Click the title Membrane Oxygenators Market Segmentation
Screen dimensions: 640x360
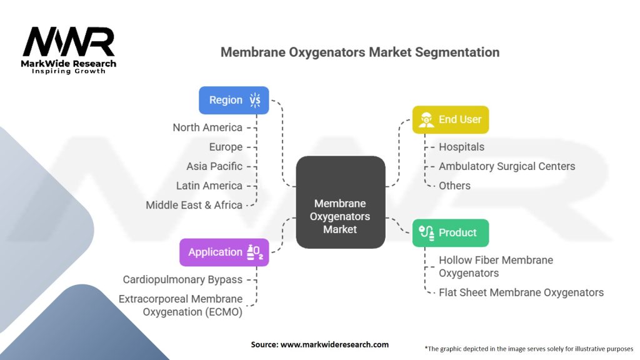coord(360,52)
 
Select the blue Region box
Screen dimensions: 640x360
coord(234,100)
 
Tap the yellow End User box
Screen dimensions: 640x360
coord(450,119)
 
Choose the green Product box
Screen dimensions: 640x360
coord(450,232)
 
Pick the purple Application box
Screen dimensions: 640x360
coord(224,252)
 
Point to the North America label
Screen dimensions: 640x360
coord(207,127)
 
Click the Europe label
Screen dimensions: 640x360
coord(226,147)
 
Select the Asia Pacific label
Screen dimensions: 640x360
coord(214,166)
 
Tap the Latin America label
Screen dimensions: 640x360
coord(209,186)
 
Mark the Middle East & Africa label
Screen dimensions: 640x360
coord(194,205)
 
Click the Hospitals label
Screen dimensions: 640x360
coord(461,147)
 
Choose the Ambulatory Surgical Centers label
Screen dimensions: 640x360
coord(507,166)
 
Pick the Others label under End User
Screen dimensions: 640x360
coord(454,186)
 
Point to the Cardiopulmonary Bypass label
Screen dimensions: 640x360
coord(182,279)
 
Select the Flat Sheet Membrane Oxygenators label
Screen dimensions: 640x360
coord(521,292)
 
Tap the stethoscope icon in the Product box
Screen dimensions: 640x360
coord(427,232)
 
